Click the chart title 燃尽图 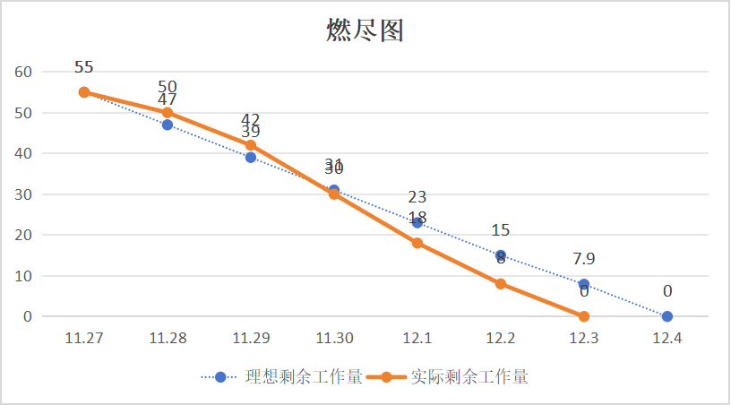[x=365, y=30]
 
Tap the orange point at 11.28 [x=168, y=113]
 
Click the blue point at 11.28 [x=168, y=125]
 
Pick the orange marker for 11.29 [x=251, y=145]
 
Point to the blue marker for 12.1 [x=417, y=222]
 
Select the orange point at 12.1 [x=417, y=243]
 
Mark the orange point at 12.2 [x=501, y=284]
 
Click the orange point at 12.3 [x=584, y=316]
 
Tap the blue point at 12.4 [x=667, y=316]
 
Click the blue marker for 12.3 [x=584, y=284]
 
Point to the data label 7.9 [x=584, y=259]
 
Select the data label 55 [x=84, y=67]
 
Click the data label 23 [x=417, y=197]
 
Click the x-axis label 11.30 [x=334, y=339]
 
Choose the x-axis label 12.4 [x=667, y=339]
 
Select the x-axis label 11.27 [x=84, y=339]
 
